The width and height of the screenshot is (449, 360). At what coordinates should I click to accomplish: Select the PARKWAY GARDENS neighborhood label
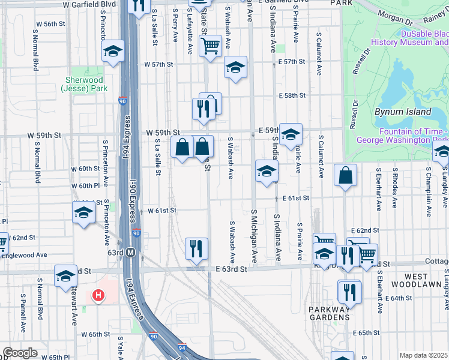[x=330, y=313]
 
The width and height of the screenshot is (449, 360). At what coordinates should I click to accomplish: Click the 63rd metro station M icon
[x=130, y=253]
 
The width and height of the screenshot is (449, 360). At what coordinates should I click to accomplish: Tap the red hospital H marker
[x=97, y=295]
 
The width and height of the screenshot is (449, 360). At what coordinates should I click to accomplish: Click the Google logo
[x=20, y=353]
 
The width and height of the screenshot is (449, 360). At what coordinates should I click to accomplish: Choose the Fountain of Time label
[x=403, y=136]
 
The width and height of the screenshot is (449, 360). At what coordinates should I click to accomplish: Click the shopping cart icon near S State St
[x=210, y=45]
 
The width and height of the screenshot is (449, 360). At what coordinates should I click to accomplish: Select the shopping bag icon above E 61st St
[x=346, y=175]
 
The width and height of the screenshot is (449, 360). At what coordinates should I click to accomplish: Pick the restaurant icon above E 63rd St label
[x=196, y=248]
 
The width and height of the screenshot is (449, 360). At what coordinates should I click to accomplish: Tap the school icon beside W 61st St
[x=83, y=212]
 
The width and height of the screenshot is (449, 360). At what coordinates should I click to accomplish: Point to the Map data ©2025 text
[x=424, y=355]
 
